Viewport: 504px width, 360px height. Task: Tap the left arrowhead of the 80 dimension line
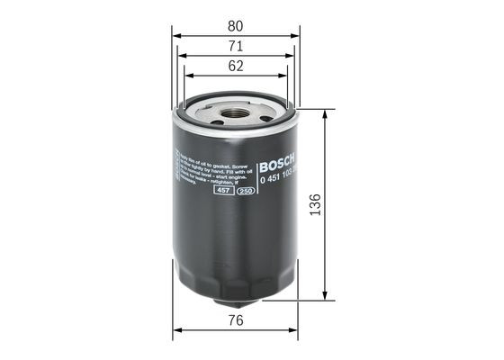click(x=175, y=35)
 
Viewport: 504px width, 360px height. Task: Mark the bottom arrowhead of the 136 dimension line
click(x=325, y=301)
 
